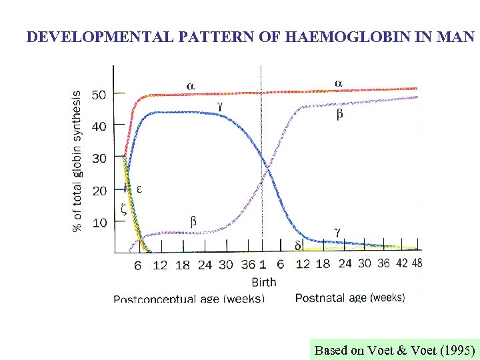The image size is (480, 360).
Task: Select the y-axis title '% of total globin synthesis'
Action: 78,161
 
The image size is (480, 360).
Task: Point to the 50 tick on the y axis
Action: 99,95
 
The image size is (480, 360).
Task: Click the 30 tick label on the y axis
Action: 99,158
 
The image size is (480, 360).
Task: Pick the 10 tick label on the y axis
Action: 99,222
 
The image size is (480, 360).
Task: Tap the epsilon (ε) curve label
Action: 139,189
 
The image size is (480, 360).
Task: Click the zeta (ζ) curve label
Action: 123,208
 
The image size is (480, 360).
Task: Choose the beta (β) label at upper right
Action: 339,115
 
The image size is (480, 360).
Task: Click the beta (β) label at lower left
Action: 193,221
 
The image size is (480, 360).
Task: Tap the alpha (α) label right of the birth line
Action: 338,83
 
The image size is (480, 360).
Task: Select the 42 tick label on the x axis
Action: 401,263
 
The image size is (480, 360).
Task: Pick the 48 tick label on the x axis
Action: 417,263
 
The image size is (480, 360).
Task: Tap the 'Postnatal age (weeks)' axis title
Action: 350,297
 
